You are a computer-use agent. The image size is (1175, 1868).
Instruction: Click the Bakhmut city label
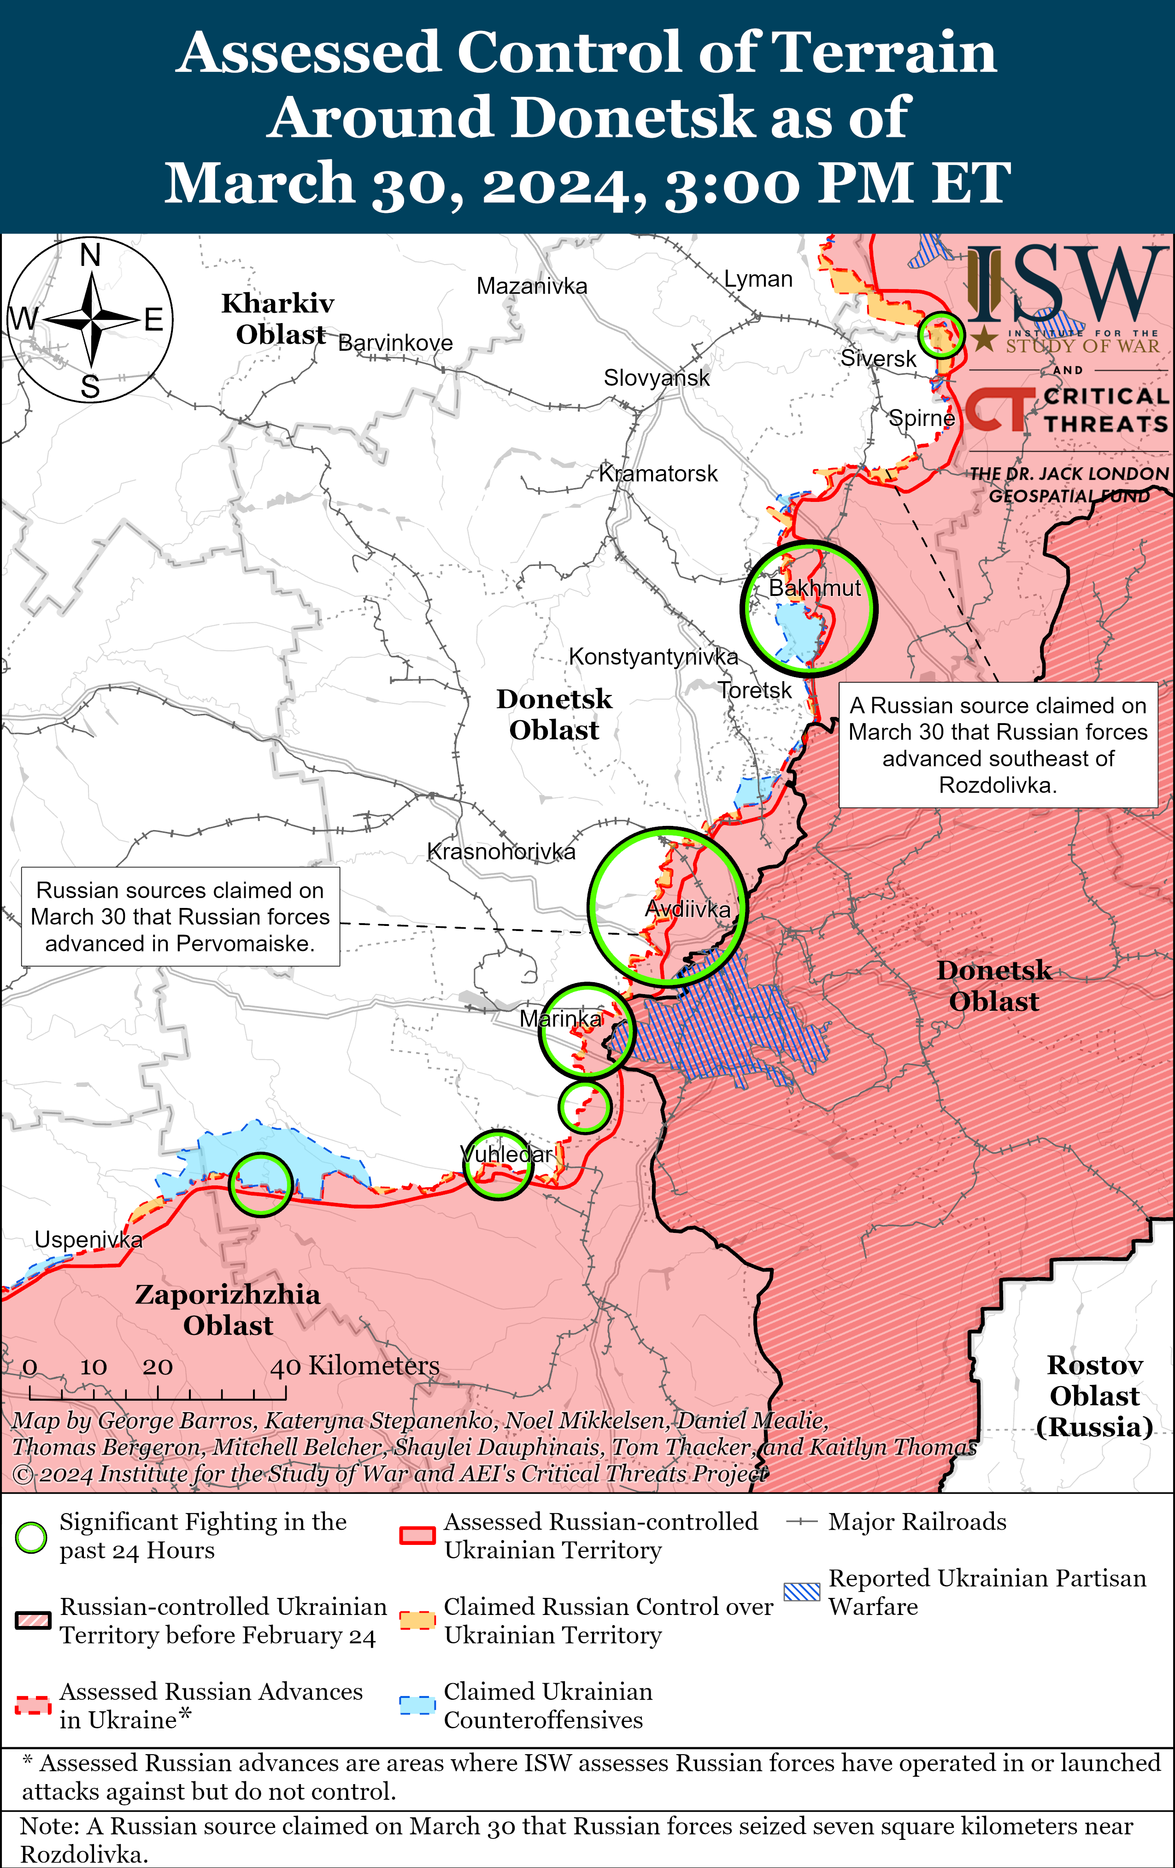[814, 588]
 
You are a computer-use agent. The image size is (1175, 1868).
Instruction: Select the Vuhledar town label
[505, 1155]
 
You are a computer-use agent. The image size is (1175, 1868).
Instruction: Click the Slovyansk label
[656, 378]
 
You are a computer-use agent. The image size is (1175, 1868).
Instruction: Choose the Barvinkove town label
[395, 343]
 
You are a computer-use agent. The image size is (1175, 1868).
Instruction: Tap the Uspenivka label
[88, 1240]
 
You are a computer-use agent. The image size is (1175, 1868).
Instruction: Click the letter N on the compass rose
[91, 255]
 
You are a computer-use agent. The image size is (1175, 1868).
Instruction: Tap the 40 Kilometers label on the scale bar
[354, 1366]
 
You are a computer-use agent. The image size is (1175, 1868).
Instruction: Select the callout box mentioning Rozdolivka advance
[998, 745]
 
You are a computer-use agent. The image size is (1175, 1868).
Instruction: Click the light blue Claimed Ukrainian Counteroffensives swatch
[417, 1706]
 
